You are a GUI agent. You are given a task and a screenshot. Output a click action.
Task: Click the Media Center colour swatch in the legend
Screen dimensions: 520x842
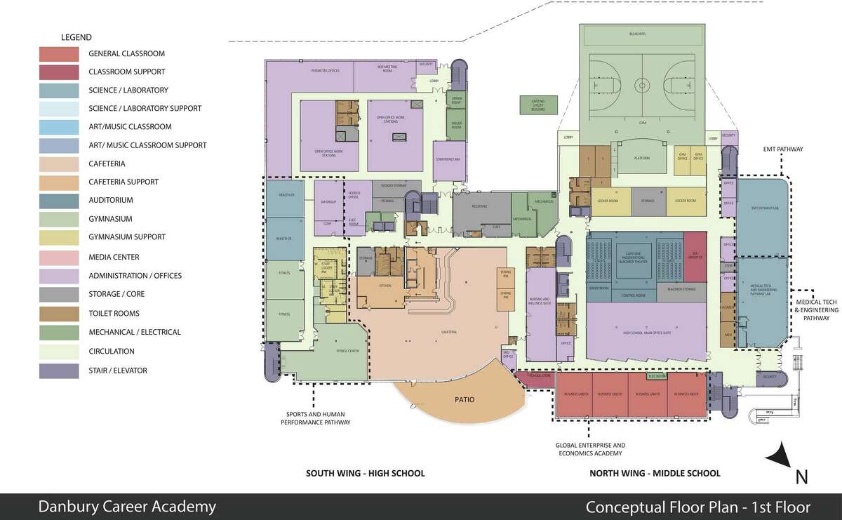pos(58,257)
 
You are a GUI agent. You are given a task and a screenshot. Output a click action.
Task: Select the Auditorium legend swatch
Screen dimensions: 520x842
pos(58,200)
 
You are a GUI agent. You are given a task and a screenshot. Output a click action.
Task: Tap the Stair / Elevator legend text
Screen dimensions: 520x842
pos(117,370)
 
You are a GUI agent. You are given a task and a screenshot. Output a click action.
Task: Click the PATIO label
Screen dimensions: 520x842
pos(464,400)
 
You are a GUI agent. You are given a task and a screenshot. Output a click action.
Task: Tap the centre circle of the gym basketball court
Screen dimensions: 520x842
pos(641,85)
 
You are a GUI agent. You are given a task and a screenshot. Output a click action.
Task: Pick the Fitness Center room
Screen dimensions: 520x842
pos(346,349)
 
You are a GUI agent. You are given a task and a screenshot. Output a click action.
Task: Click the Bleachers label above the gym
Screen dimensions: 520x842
pos(637,34)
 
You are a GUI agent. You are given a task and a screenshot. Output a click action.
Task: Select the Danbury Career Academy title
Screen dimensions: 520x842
pos(127,506)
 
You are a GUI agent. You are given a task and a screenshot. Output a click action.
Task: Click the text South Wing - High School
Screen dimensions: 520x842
pos(365,473)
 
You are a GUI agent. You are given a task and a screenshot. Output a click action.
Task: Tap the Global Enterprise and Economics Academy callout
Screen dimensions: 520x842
pos(590,449)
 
